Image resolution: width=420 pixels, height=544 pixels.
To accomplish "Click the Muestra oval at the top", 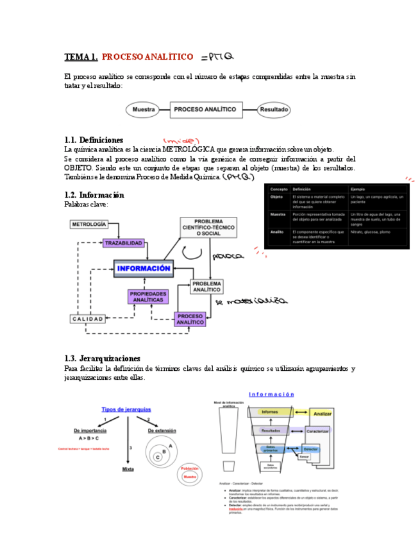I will point(144,110).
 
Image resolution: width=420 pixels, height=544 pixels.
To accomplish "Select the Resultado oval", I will point(274,110).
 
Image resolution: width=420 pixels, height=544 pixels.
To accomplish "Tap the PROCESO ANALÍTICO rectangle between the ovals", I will point(204,110).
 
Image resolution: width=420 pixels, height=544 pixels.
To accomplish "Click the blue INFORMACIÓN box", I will point(144,268).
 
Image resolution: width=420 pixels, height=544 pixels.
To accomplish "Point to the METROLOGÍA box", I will point(89,225).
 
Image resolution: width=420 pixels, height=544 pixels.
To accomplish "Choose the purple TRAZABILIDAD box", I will point(124,243).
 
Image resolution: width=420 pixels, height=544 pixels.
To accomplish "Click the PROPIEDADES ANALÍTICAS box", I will point(148,296).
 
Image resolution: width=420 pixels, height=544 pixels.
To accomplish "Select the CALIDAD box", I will point(87,319).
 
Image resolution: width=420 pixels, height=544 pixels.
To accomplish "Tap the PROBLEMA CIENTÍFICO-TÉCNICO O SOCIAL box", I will point(208,228).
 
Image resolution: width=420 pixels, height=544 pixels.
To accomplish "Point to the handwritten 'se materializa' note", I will point(251,300).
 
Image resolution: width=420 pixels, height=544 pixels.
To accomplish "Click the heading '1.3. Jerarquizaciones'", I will point(103,359).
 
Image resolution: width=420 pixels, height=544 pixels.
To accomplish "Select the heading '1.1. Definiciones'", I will point(94,140).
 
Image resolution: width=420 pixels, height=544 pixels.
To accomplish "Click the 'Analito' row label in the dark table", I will point(277,232).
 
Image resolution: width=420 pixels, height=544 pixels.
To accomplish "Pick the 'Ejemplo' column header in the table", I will point(358,189).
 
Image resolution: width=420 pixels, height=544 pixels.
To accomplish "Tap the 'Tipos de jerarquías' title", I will point(126,409).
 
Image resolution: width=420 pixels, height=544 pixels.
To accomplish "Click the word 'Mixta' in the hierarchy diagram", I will point(128,469).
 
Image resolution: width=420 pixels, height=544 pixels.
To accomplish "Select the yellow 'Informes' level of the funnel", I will point(269,412).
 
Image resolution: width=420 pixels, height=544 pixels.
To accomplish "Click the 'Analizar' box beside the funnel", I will point(323,414).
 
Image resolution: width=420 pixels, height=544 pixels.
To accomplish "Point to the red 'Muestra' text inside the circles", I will point(190,477).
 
